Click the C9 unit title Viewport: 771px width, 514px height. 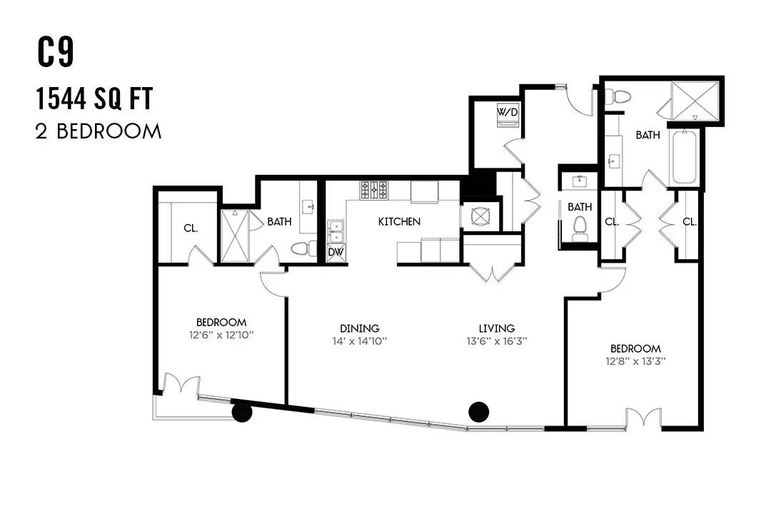pos(56,53)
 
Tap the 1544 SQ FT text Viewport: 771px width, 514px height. pos(94,99)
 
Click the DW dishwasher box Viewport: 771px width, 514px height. pos(336,252)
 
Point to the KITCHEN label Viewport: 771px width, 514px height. pos(399,222)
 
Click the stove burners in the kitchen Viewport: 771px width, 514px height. pos(373,191)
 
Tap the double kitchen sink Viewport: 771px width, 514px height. pos(336,231)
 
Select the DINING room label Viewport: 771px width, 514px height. pos(359,328)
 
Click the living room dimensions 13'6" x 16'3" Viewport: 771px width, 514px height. pos(497,341)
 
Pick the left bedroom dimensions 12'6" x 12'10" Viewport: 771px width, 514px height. pos(221,336)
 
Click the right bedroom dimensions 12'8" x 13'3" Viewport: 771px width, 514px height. pos(635,361)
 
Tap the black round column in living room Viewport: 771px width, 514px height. pos(478,412)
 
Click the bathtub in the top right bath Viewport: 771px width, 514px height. pos(683,157)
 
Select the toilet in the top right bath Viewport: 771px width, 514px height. pos(618,96)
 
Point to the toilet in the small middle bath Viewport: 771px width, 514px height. pos(580,229)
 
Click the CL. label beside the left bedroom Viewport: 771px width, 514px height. pos(191,228)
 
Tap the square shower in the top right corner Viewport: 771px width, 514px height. pos(695,101)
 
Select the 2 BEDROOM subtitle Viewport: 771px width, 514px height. pos(99,132)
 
